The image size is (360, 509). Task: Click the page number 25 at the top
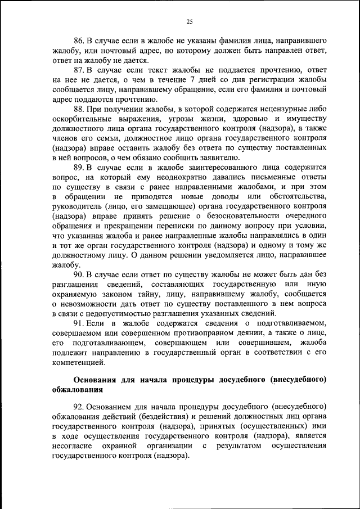[x=190, y=21]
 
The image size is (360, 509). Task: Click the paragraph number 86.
[x=79, y=41]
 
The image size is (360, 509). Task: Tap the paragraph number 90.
[x=79, y=275]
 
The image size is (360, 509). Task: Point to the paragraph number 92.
[x=79, y=406]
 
